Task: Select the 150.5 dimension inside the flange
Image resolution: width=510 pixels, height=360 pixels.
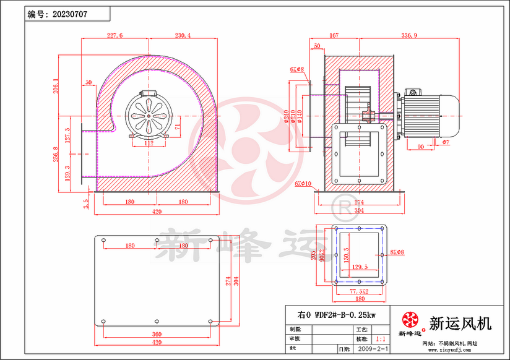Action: [346, 254]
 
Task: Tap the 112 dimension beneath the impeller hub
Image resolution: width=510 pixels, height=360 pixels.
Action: [149, 142]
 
